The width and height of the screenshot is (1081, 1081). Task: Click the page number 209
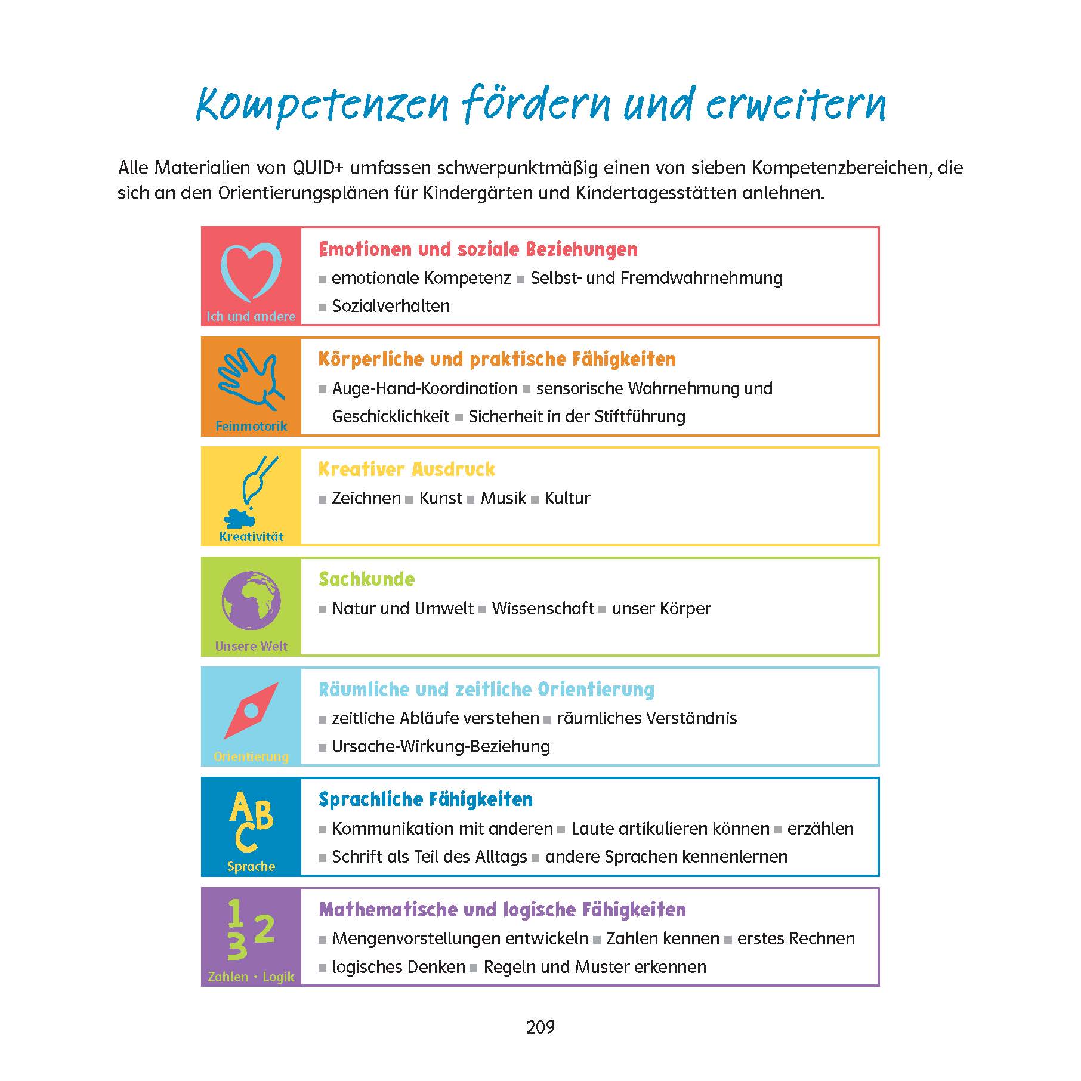pos(540,1027)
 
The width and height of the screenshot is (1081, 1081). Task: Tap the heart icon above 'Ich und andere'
pos(251,271)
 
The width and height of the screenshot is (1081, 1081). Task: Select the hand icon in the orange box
pos(249,379)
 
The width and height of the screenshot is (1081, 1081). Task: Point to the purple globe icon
pos(251,601)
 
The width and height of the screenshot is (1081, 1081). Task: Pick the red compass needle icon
pos(251,711)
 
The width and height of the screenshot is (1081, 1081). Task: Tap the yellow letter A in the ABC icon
pos(240,809)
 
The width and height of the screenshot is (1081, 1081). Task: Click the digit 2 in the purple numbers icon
pos(264,929)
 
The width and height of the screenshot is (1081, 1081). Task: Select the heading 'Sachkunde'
pos(366,579)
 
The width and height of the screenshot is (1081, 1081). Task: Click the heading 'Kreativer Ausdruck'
pos(406,470)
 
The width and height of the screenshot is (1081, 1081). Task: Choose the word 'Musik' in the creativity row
pos(504,498)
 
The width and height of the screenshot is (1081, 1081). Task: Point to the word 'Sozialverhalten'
pos(391,306)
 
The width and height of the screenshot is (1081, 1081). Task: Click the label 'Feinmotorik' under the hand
pos(251,426)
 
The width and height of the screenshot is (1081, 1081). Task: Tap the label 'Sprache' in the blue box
pos(251,866)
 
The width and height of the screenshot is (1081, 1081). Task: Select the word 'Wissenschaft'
pos(543,609)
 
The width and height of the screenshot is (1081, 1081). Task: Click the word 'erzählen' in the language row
pos(820,829)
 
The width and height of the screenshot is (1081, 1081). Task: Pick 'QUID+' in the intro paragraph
pos(317,168)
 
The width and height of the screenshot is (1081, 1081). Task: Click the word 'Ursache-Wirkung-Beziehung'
pos(441,746)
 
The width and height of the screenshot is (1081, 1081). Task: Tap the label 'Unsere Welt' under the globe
pos(251,646)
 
